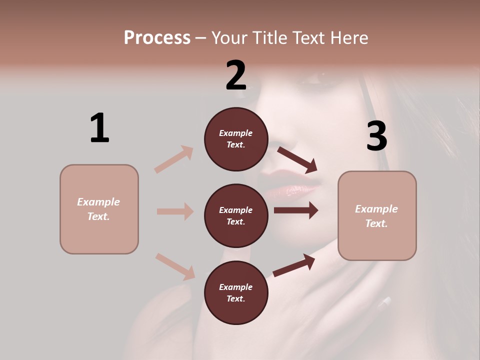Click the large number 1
pos(99,128)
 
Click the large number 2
pos(236,75)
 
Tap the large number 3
pos(376,136)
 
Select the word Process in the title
pos(157,37)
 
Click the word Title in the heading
pos(270,37)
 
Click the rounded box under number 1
pos(99,209)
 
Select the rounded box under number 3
pos(377,216)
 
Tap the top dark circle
pos(236,139)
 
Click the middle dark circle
pos(236,216)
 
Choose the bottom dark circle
pos(236,293)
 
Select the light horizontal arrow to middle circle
pos(175,211)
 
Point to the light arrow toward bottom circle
pos(175,266)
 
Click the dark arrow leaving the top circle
pos(297,159)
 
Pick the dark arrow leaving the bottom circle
pos(294,265)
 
